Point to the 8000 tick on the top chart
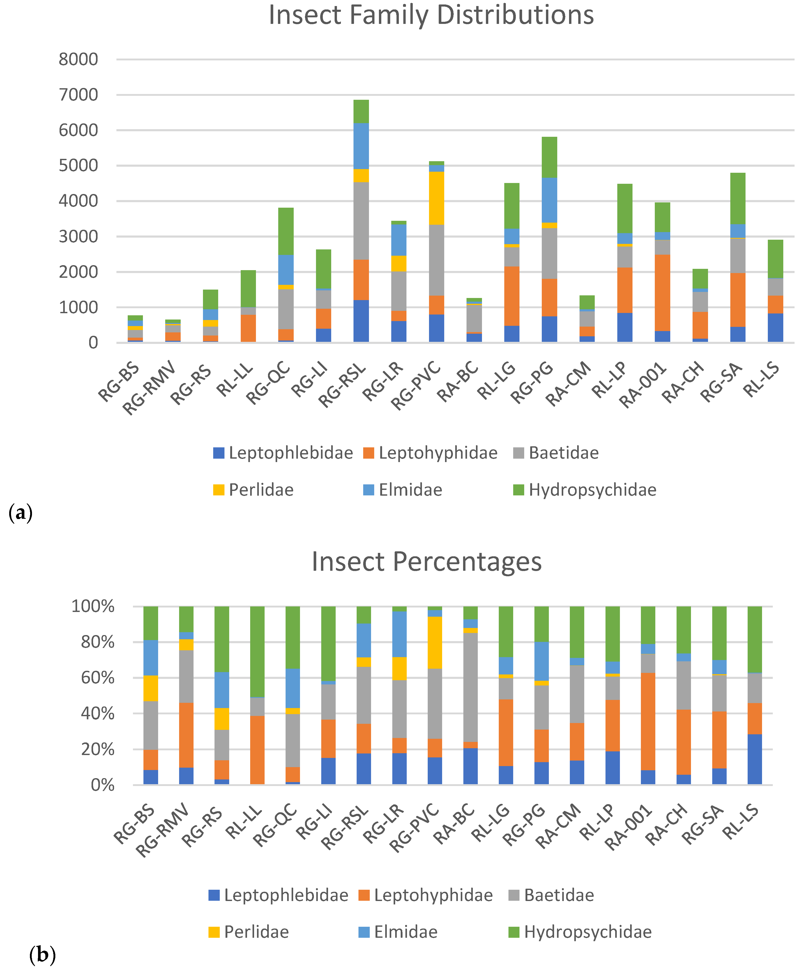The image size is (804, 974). click(x=78, y=59)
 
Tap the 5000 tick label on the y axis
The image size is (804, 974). click(x=78, y=165)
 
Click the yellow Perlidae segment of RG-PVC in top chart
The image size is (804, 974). click(x=436, y=198)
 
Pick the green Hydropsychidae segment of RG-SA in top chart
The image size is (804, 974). click(x=738, y=198)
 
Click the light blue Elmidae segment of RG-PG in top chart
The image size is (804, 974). click(x=549, y=200)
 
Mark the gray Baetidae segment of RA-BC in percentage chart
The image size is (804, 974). click(x=470, y=687)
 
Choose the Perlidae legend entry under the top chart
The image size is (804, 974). click(x=253, y=490)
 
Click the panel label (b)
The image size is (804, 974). click(x=42, y=955)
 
